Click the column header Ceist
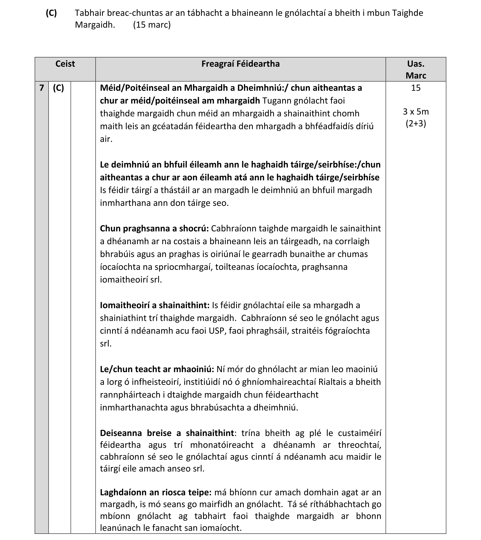[65, 64]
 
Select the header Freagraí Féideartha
[240, 64]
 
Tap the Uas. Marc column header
[416, 70]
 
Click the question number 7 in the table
[42, 88]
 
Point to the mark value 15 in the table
[416, 88]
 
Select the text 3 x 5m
[416, 112]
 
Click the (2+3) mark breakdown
[416, 124]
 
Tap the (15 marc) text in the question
[152, 25]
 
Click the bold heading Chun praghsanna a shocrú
[154, 228]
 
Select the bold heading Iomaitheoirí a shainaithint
[155, 305]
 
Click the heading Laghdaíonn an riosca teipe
[156, 492]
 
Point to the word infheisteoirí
[156, 382]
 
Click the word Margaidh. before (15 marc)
[95, 25]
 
